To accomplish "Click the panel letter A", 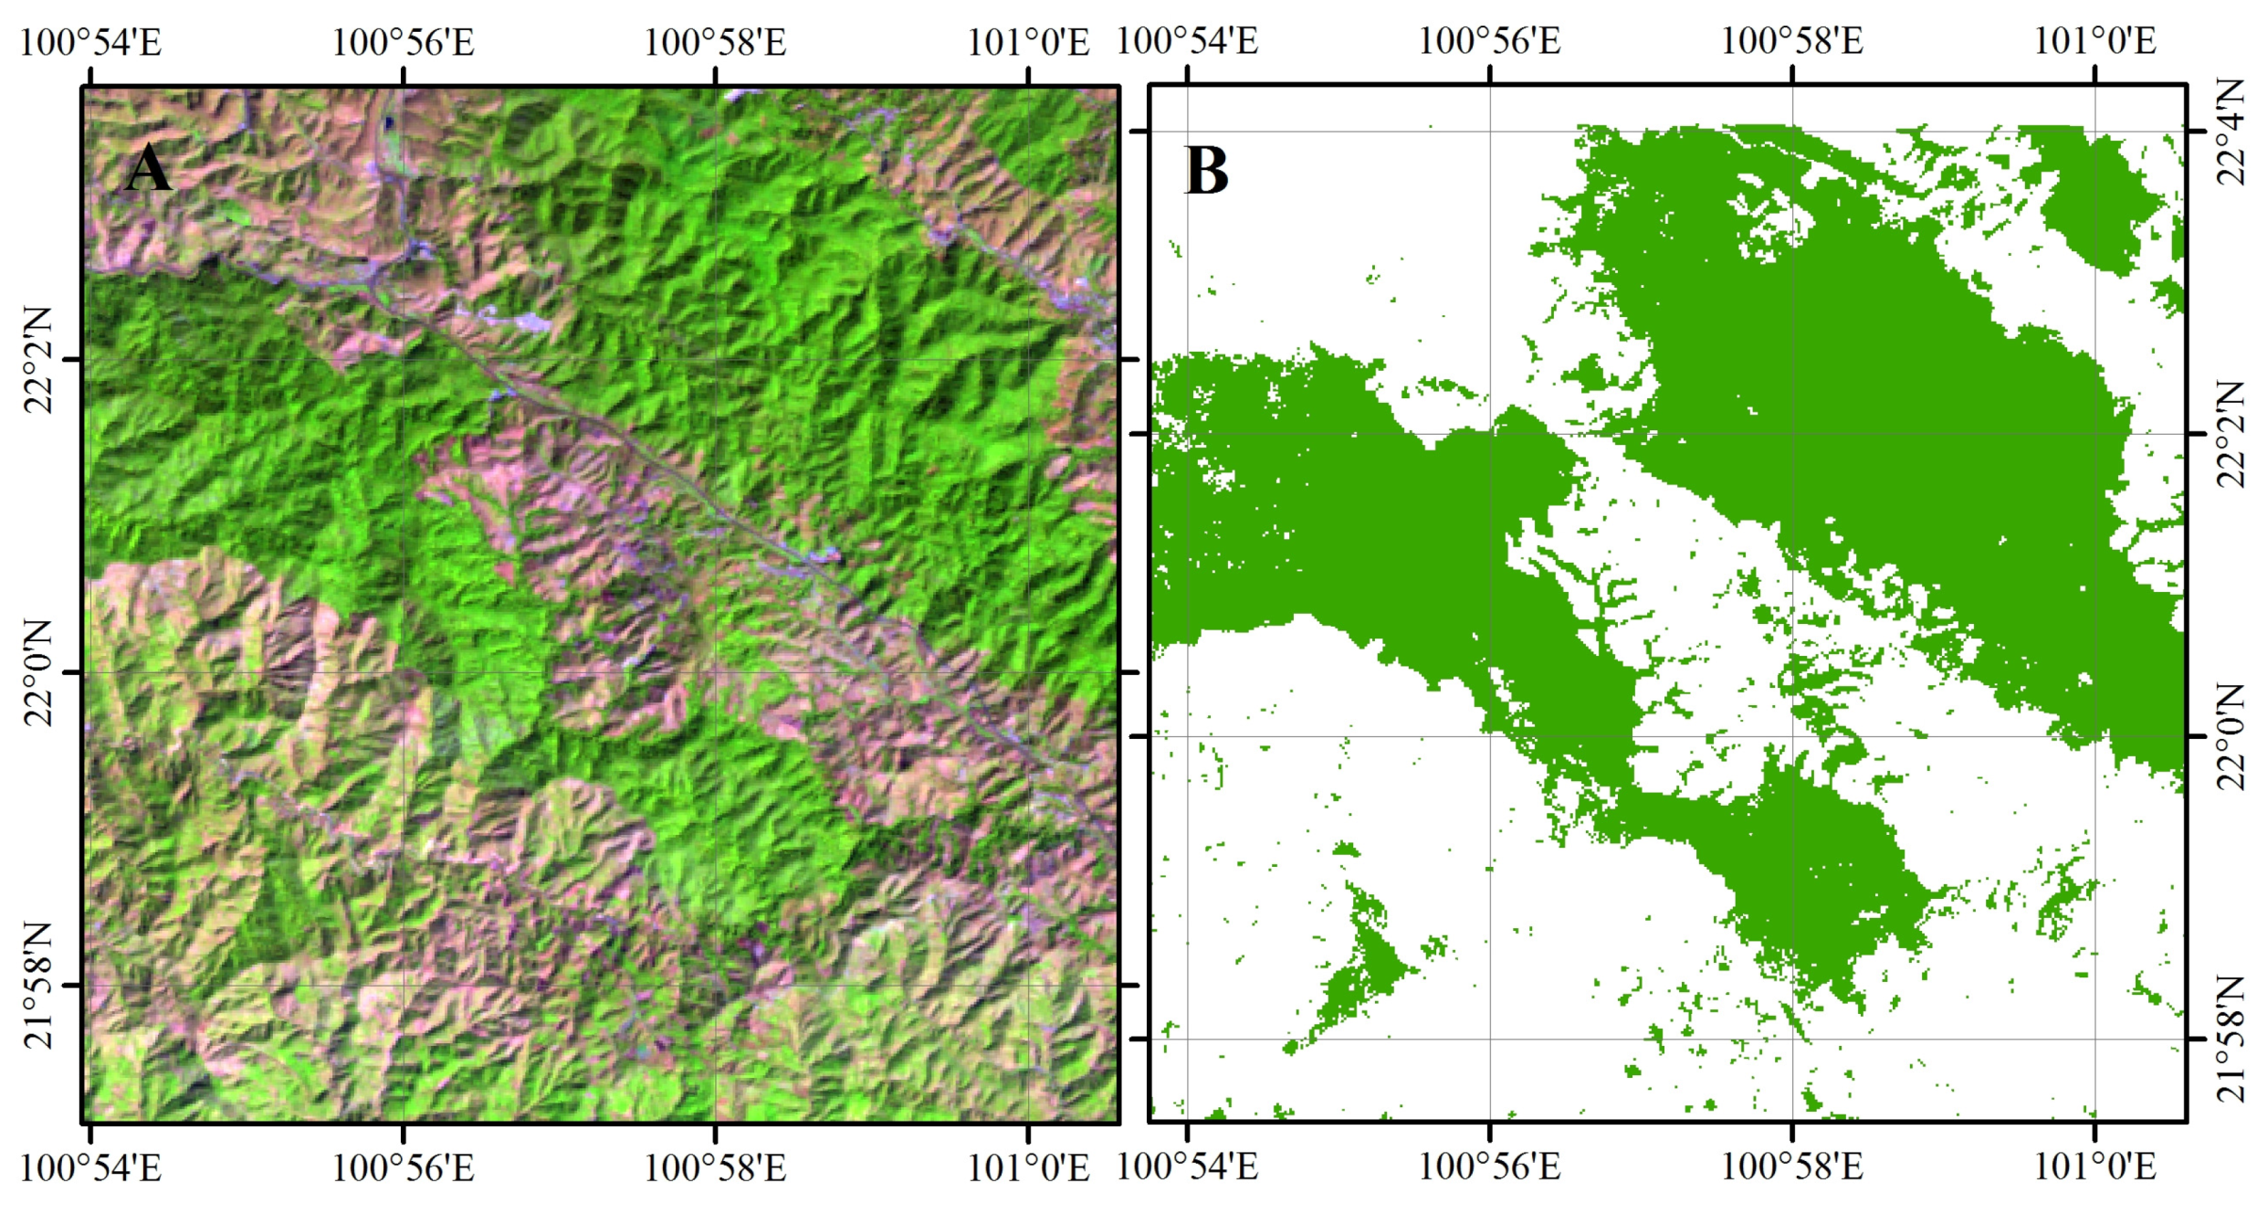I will click(x=148, y=169).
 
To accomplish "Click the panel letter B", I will click(x=1206, y=171).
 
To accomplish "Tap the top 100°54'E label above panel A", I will click(x=90, y=42).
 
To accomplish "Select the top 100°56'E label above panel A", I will click(x=403, y=42).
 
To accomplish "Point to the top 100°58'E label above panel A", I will click(x=715, y=42).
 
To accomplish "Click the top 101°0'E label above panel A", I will click(x=1028, y=42).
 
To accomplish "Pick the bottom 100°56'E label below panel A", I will click(x=403, y=1167).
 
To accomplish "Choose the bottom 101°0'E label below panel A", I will click(x=1028, y=1167).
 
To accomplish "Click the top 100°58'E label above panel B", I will click(x=1791, y=41).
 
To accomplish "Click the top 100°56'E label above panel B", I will click(x=1489, y=41).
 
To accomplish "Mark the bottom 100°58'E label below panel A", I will click(x=715, y=1167).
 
